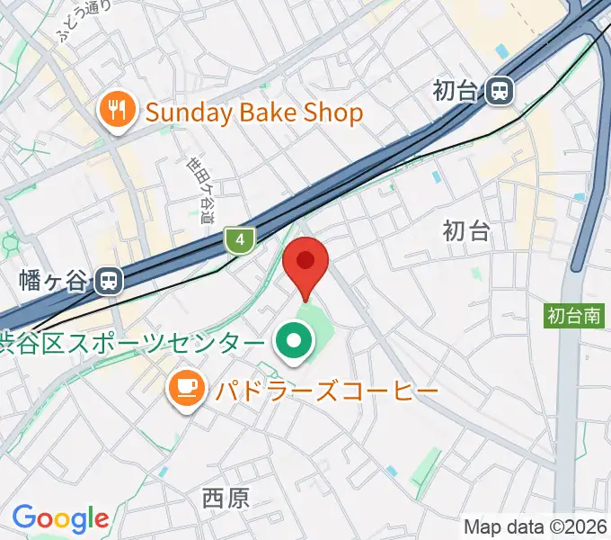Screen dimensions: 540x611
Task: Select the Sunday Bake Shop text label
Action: tap(253, 112)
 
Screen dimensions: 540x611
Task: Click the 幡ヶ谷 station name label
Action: tap(55, 282)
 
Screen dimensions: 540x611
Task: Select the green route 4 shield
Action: tap(239, 239)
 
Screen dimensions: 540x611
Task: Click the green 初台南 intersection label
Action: tap(575, 315)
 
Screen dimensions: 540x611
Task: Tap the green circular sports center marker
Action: tap(293, 341)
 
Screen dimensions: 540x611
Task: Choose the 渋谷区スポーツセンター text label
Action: tap(133, 342)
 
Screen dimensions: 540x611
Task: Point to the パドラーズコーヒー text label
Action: tap(325, 391)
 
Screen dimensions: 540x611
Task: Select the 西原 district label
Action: tap(226, 498)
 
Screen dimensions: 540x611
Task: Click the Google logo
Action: tap(60, 518)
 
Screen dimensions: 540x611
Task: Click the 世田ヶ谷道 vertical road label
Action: tap(201, 191)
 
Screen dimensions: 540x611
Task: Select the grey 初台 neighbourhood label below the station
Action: tap(466, 231)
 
